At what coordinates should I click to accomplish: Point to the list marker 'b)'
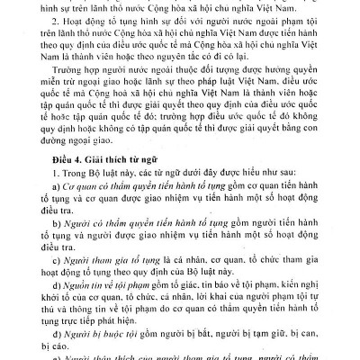click(49, 243)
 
